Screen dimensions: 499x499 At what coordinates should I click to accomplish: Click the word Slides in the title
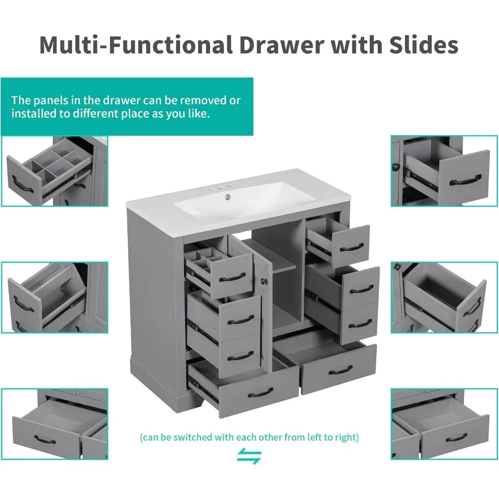(424, 44)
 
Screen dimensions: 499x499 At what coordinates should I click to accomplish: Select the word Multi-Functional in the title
(136, 44)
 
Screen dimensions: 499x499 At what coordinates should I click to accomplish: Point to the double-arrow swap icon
(249, 456)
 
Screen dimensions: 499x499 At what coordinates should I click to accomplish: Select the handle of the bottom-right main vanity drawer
(340, 370)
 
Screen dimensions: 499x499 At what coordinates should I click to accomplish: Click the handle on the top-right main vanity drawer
(351, 248)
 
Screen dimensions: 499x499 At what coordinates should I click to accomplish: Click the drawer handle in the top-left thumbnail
(22, 184)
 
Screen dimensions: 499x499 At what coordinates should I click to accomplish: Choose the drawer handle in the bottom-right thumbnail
(456, 438)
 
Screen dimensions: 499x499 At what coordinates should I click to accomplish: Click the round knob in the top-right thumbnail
(396, 166)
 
